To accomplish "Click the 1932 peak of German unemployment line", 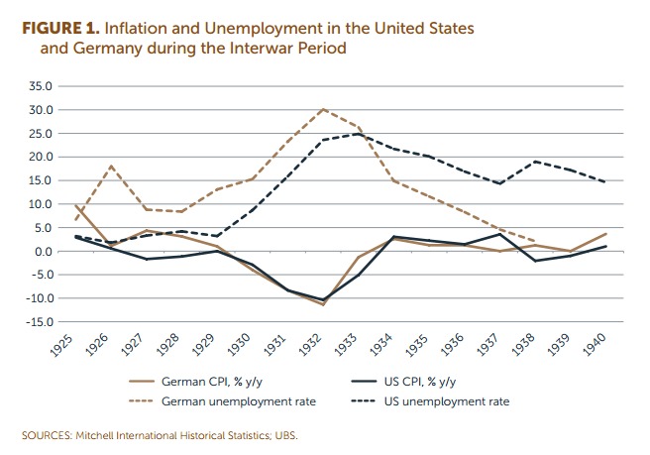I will tap(323, 109).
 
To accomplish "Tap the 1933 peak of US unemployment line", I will tap(358, 134).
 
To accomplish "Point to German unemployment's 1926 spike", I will tap(111, 166).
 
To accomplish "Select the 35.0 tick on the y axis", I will tap(41, 86).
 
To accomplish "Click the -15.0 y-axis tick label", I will tap(40, 322).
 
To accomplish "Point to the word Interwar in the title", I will tap(244, 48).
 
